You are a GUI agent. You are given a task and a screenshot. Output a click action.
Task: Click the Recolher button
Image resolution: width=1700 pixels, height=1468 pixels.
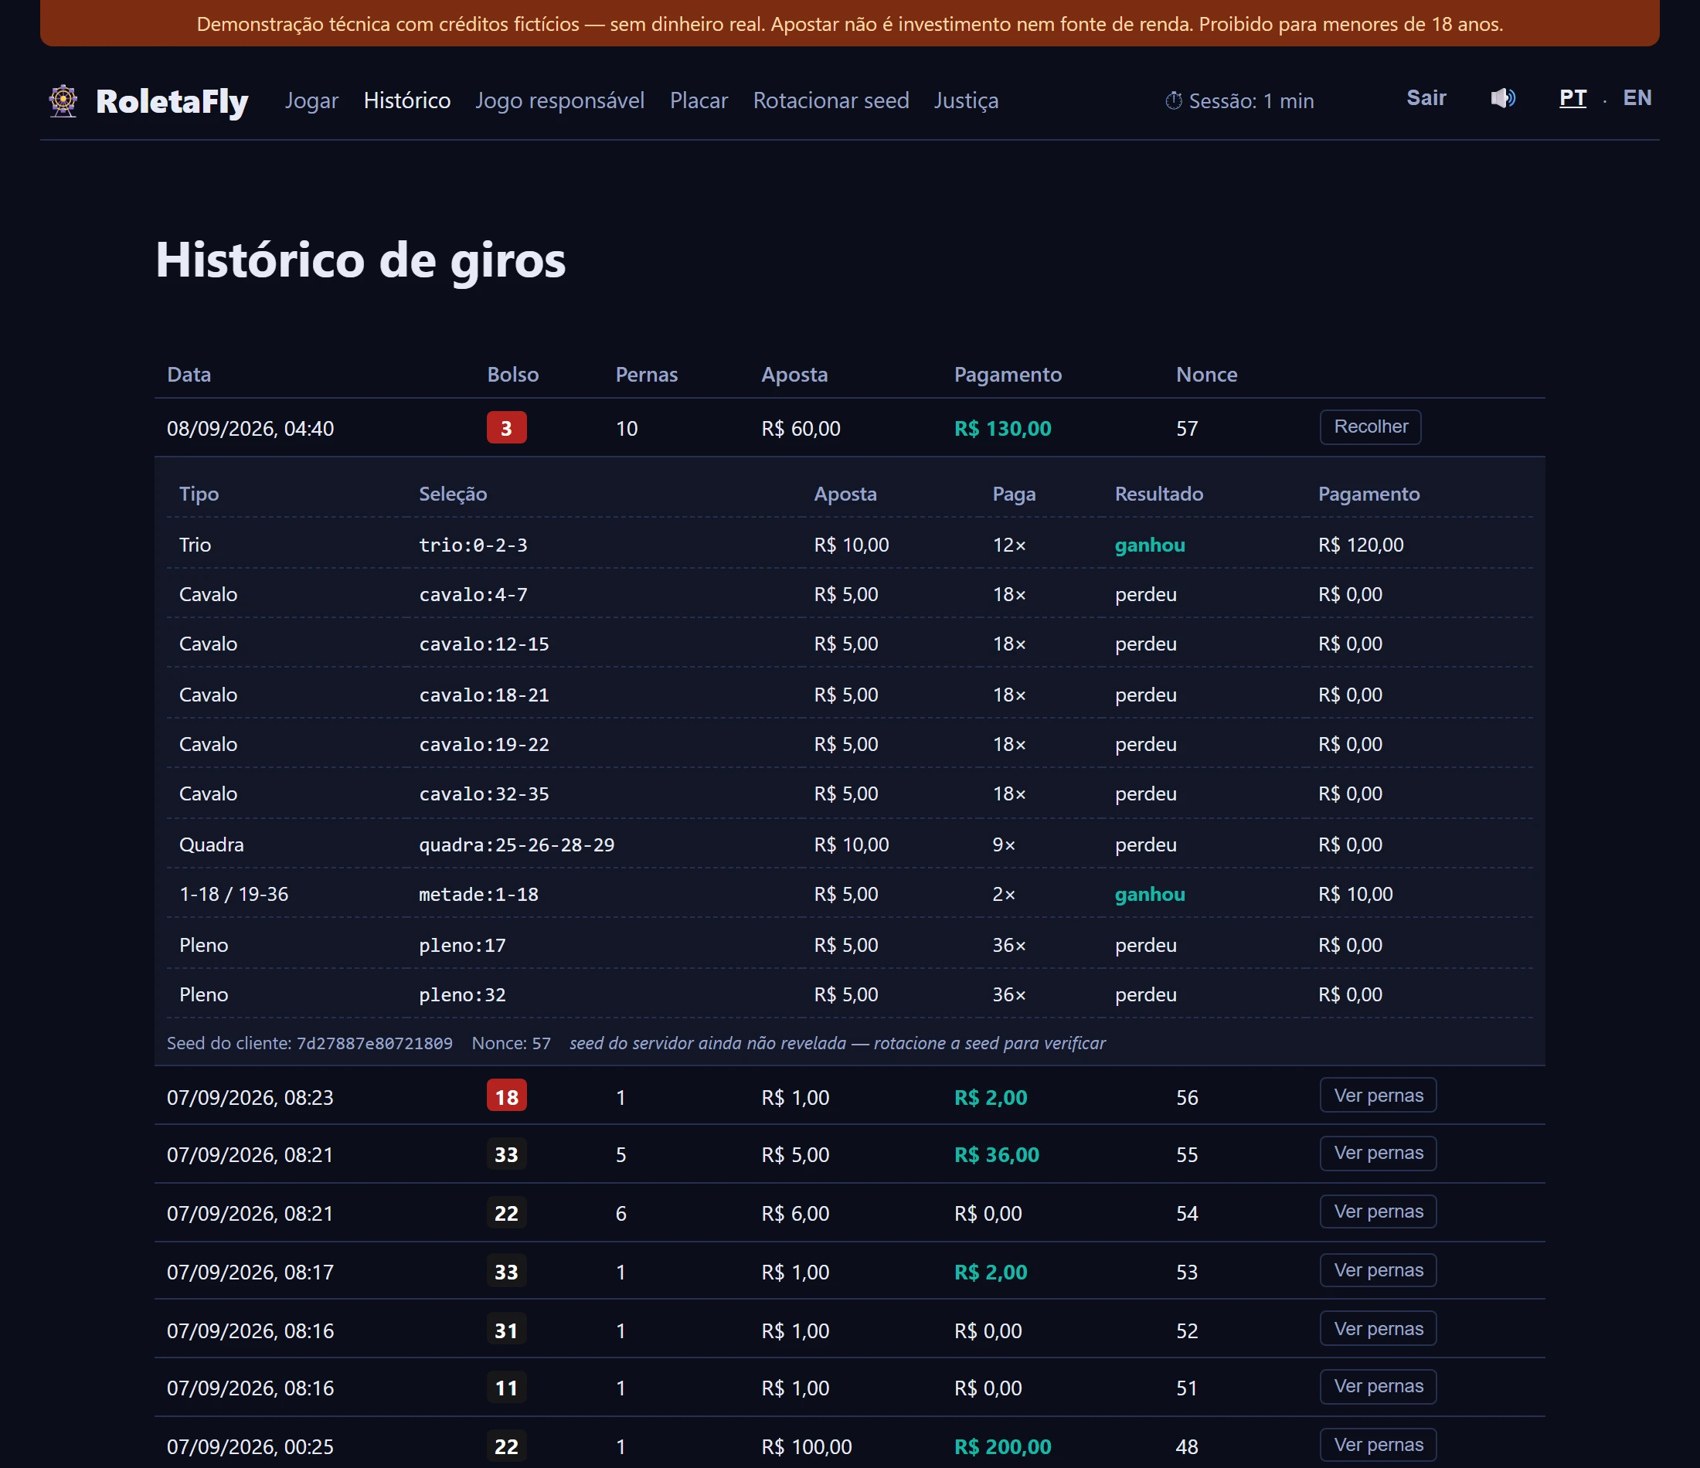pos(1370,426)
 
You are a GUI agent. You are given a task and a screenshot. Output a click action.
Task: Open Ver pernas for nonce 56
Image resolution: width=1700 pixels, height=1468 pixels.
pos(1378,1096)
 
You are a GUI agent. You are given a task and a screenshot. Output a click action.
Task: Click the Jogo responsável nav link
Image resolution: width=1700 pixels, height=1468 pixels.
pos(559,100)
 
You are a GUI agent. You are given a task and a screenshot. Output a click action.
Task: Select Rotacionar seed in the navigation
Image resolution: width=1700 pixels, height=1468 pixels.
pos(831,100)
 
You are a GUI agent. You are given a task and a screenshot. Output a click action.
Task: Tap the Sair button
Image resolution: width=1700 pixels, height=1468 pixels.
pos(1426,98)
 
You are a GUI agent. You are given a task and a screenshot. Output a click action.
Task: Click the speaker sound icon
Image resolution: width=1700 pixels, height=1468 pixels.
pos(1502,98)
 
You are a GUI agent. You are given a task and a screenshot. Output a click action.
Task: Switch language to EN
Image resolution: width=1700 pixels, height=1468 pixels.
pos(1637,98)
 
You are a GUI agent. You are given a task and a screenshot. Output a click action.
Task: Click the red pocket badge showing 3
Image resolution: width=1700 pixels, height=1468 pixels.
pos(506,427)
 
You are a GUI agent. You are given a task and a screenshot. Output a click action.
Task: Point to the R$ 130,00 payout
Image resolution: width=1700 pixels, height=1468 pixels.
pos(1002,428)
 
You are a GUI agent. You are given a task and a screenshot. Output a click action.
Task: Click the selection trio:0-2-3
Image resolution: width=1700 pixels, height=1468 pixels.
pos(474,545)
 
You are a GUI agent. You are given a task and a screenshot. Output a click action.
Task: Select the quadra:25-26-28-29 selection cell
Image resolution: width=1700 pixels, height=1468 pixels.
pos(517,844)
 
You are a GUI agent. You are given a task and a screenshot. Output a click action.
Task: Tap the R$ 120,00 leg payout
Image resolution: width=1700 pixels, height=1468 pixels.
pos(1360,545)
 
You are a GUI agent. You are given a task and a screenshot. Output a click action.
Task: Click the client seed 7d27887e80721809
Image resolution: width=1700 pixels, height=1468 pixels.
pos(374,1043)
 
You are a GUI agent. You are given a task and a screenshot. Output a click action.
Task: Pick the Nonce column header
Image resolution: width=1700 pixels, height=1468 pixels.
pos(1206,374)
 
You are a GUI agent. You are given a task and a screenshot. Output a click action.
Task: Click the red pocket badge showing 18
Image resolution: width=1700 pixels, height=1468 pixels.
pos(506,1096)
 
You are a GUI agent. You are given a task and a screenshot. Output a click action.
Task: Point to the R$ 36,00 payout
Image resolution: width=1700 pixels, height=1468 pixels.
pos(996,1154)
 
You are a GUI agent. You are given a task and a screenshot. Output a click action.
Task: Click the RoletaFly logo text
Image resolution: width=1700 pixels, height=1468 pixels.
pos(172,101)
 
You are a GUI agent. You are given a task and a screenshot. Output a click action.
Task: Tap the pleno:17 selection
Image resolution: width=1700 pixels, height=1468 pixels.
pos(462,945)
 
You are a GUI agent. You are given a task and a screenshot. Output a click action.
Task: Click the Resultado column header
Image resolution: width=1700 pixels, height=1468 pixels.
pos(1158,494)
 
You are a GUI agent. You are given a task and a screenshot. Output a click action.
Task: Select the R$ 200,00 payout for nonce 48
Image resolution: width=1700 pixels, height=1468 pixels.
pos(1002,1446)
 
